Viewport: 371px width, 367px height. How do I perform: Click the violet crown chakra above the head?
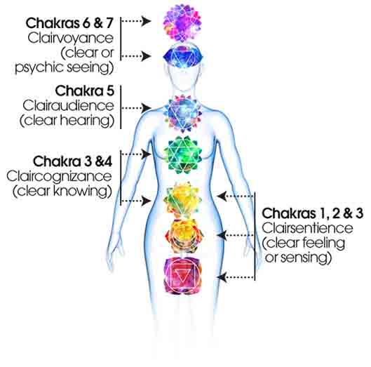pyautogui.click(x=182, y=22)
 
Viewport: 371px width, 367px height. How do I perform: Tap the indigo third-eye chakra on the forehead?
pyautogui.click(x=182, y=56)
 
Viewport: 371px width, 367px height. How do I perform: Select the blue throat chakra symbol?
pyautogui.click(x=183, y=113)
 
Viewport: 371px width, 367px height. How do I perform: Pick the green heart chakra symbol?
pyautogui.click(x=182, y=155)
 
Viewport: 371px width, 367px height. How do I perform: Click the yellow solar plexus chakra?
pyautogui.click(x=182, y=199)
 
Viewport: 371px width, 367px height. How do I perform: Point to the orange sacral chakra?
pyautogui.click(x=184, y=236)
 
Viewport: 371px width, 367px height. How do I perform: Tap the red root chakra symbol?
pyautogui.click(x=183, y=276)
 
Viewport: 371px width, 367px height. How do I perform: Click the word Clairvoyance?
pyautogui.click(x=71, y=38)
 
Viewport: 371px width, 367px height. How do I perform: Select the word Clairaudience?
pyautogui.click(x=69, y=105)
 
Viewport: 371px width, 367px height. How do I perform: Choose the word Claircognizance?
pyautogui.click(x=59, y=176)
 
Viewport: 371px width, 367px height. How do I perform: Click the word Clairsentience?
pyautogui.click(x=307, y=228)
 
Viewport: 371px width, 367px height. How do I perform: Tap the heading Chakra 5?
pyautogui.click(x=85, y=91)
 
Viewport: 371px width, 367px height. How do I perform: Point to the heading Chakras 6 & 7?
pyautogui.click(x=69, y=23)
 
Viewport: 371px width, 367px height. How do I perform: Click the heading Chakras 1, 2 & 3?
pyautogui.click(x=313, y=213)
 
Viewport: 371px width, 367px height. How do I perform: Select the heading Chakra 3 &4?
pyautogui.click(x=73, y=161)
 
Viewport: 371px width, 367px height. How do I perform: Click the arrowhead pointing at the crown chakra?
pyautogui.click(x=146, y=21)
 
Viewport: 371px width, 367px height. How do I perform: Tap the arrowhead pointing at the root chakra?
pyautogui.click(x=222, y=277)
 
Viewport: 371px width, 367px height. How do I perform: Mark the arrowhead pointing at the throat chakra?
pyautogui.click(x=146, y=108)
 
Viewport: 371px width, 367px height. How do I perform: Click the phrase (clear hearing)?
pyautogui.click(x=67, y=121)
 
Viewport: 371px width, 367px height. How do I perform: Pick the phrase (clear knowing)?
pyautogui.click(x=62, y=191)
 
